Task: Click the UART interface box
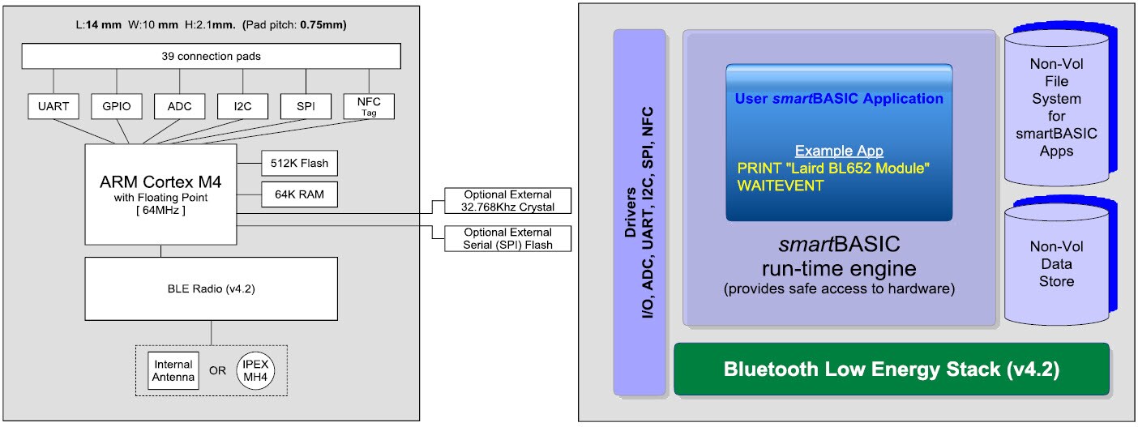pos(53,106)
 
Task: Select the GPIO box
pos(117,106)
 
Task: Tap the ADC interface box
pos(180,106)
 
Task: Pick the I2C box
pos(242,106)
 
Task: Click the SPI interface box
pos(306,106)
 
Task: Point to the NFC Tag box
pos(369,106)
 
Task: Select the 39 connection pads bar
pos(211,56)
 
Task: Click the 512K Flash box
pos(299,163)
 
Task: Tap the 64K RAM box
pos(299,194)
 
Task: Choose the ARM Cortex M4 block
pos(161,194)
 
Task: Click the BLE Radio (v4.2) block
pos(211,288)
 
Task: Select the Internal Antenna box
pos(173,371)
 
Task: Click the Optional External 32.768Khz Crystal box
pos(507,201)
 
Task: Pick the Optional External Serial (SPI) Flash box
pos(507,238)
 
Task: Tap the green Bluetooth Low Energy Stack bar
pos(891,369)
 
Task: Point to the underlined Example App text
pos(838,152)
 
